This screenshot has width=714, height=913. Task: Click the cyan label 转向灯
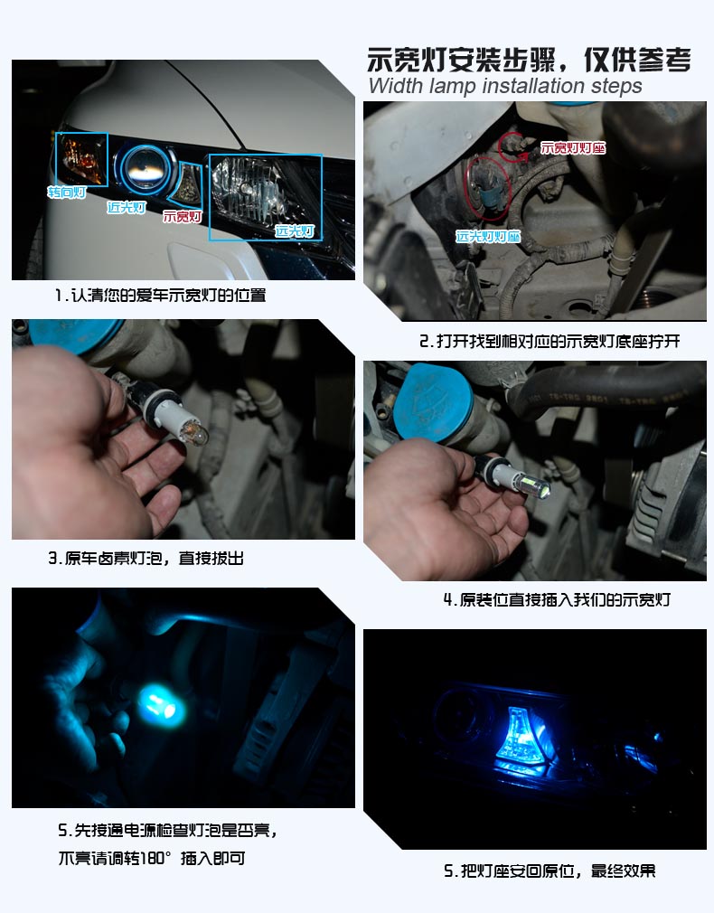(67, 193)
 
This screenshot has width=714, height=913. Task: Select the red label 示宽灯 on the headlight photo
(181, 217)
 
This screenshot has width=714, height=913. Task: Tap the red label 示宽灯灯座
(573, 147)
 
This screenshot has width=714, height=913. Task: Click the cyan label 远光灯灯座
(488, 237)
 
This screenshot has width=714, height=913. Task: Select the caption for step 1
(160, 296)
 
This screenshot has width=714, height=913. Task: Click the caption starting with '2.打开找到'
(549, 342)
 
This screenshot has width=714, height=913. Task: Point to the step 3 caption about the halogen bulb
(146, 559)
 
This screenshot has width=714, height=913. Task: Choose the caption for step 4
(556, 599)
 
